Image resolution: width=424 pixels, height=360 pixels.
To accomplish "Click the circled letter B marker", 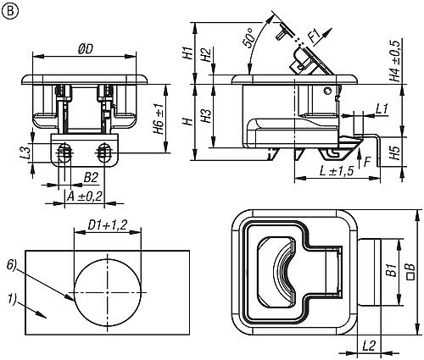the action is click(x=10, y=11).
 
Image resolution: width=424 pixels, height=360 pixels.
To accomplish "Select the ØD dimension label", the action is click(x=85, y=49).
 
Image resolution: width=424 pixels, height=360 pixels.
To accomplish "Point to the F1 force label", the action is click(x=315, y=36).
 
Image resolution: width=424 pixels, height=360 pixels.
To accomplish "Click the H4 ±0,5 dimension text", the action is click(x=396, y=61).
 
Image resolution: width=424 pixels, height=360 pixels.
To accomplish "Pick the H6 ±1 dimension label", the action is click(x=159, y=119).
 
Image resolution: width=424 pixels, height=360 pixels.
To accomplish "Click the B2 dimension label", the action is click(x=91, y=178).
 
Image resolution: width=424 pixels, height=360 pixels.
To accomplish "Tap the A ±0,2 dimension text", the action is click(x=84, y=197).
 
